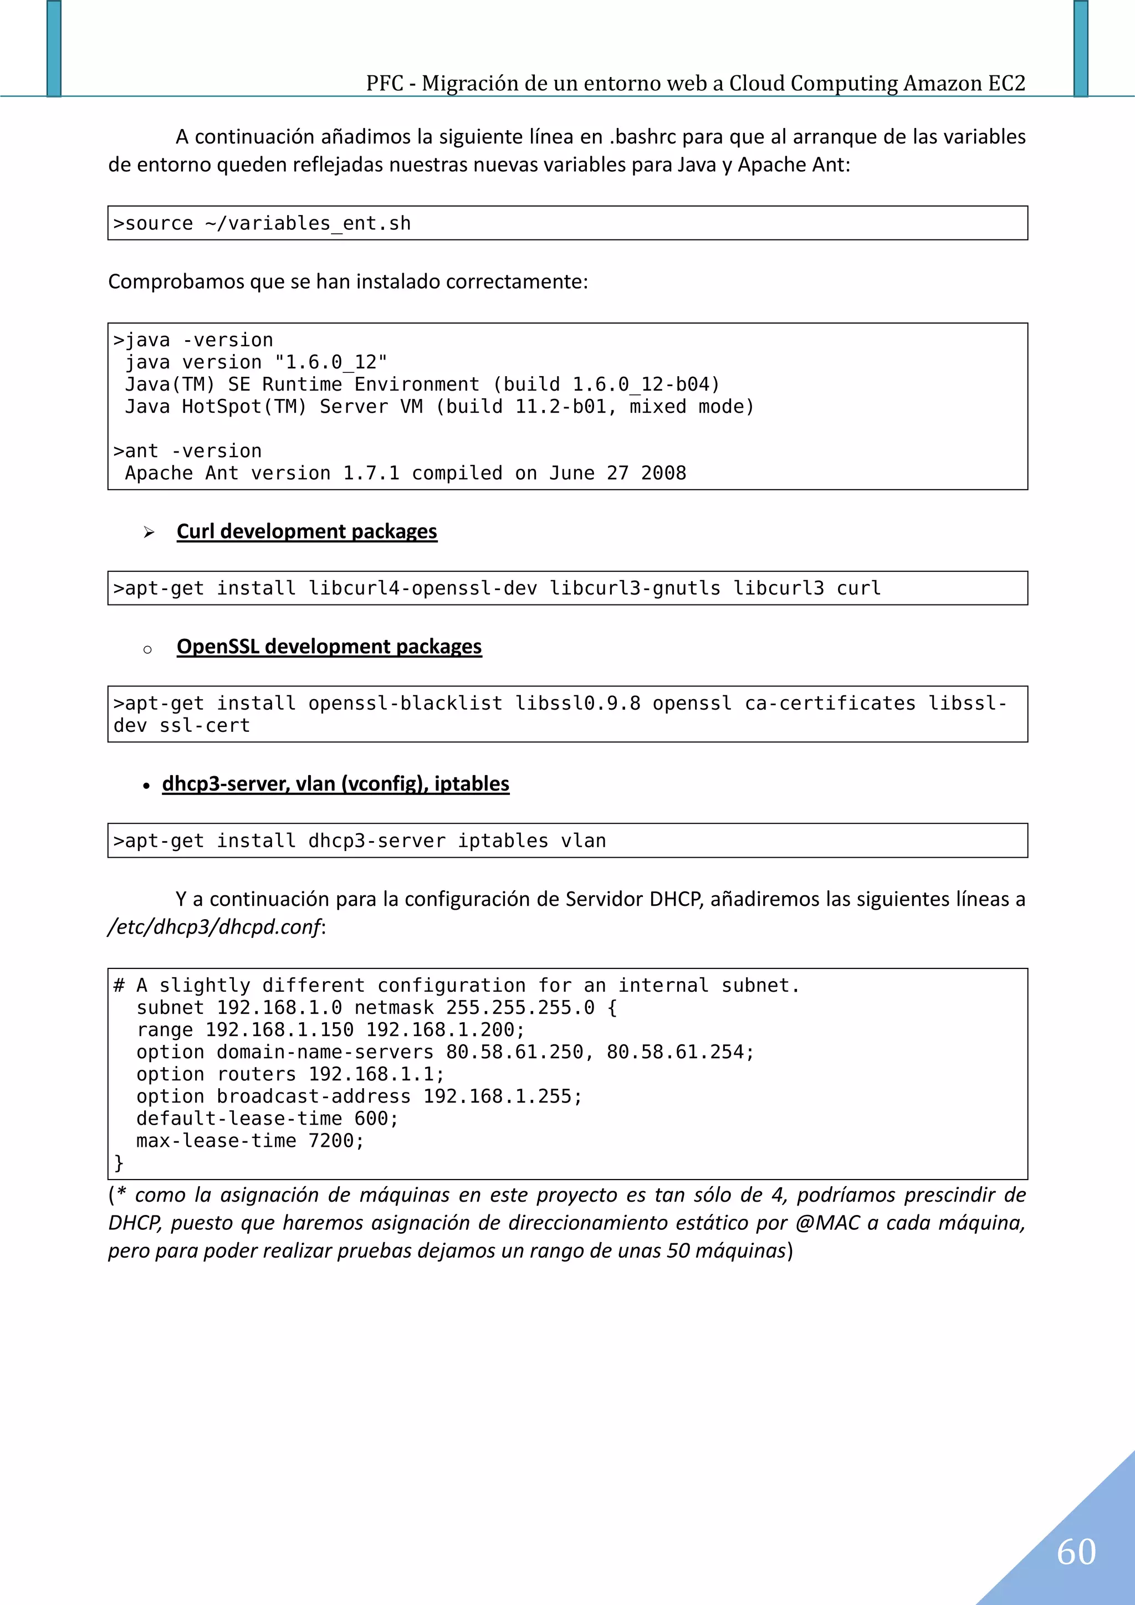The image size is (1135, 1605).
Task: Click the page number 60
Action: [1076, 1552]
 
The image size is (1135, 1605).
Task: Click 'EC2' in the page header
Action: [1006, 83]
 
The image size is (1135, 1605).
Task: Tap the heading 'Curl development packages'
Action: [306, 531]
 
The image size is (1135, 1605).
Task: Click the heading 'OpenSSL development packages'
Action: [329, 647]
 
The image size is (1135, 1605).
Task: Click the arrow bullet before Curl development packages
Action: [149, 532]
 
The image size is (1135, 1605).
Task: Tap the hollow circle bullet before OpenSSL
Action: [147, 650]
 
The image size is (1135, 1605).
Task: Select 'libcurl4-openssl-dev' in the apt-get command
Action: [422, 588]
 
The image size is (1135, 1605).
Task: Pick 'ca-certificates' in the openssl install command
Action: [830, 703]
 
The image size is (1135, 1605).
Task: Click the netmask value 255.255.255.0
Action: [520, 1008]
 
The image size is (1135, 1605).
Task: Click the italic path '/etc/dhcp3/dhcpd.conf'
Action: [214, 927]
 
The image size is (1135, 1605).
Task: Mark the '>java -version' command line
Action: [193, 340]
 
